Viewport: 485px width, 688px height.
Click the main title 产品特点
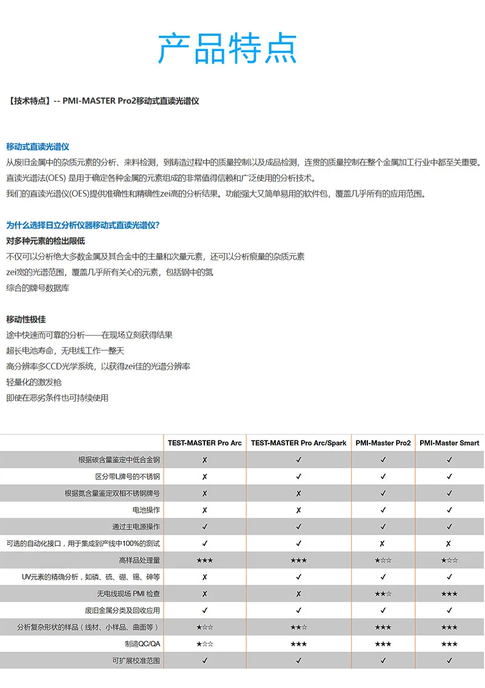coord(227,49)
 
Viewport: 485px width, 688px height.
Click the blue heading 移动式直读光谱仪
coord(38,147)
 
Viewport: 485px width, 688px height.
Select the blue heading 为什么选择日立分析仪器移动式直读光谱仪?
coord(83,225)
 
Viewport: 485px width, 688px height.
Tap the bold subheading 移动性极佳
coord(26,319)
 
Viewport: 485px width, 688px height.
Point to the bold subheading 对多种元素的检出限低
coord(45,241)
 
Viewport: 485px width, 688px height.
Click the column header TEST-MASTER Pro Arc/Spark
coord(298,443)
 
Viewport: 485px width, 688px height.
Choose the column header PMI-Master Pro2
coord(383,443)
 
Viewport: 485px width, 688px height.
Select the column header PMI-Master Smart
coord(449,443)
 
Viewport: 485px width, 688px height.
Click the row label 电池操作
coord(147,510)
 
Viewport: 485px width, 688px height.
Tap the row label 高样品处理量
coord(140,560)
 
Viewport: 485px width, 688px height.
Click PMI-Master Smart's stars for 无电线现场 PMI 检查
coord(449,593)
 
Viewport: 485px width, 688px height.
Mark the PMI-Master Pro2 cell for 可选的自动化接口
coord(383,544)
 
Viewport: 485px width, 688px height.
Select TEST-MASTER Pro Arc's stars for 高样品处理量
coord(204,560)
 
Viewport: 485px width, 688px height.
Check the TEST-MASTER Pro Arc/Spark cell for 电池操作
coord(298,510)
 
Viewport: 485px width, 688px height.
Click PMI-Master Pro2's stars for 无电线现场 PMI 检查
coord(383,593)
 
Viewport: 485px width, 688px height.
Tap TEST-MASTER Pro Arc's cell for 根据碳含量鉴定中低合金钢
coord(204,460)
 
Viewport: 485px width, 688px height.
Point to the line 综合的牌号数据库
coord(38,288)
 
